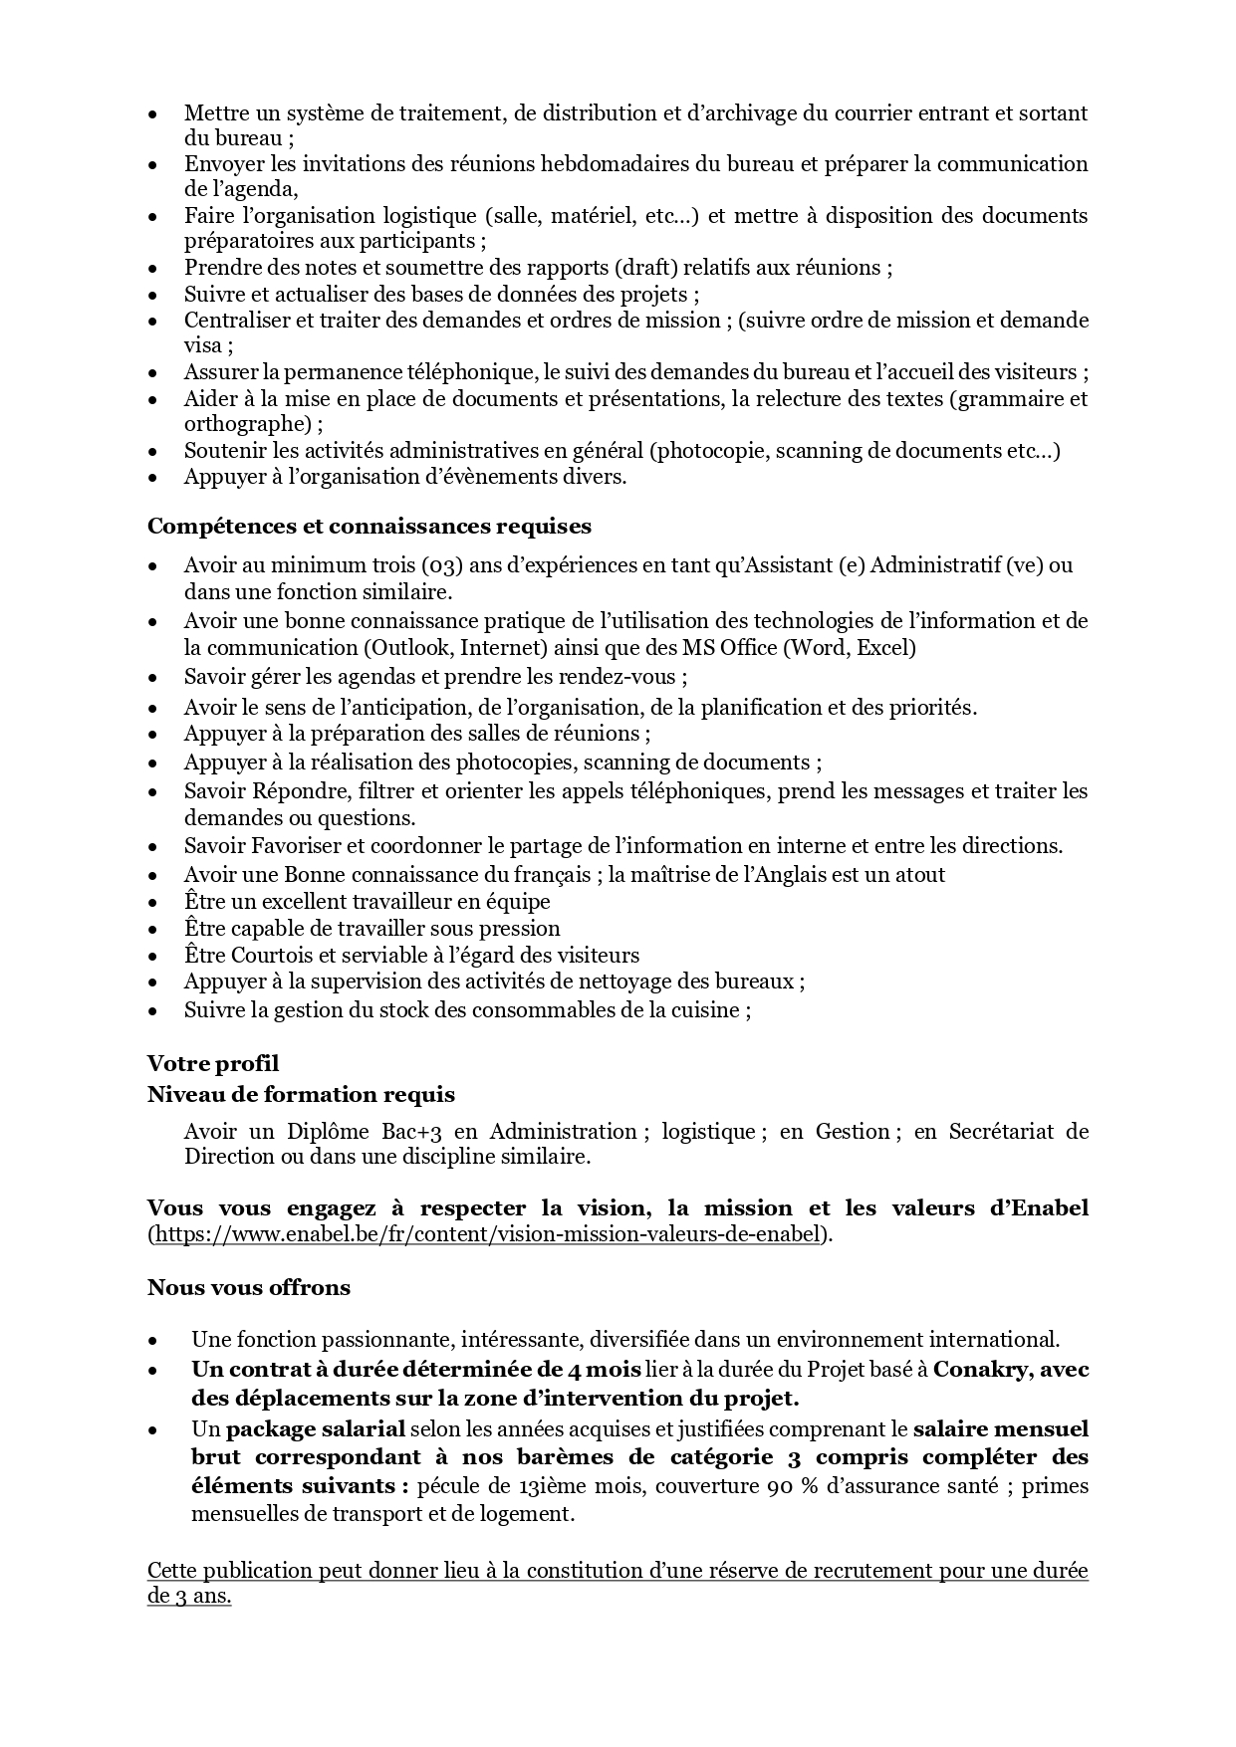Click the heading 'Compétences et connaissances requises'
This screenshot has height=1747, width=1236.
[x=369, y=527]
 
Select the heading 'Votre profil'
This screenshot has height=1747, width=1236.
[x=213, y=1064]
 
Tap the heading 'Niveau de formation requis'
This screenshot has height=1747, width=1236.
[x=301, y=1095]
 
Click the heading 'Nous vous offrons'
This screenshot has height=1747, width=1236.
[x=249, y=1288]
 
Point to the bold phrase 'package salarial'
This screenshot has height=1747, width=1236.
[x=316, y=1429]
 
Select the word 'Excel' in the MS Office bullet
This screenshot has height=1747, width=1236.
[x=881, y=648]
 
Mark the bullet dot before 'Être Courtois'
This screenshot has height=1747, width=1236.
[x=153, y=957]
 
